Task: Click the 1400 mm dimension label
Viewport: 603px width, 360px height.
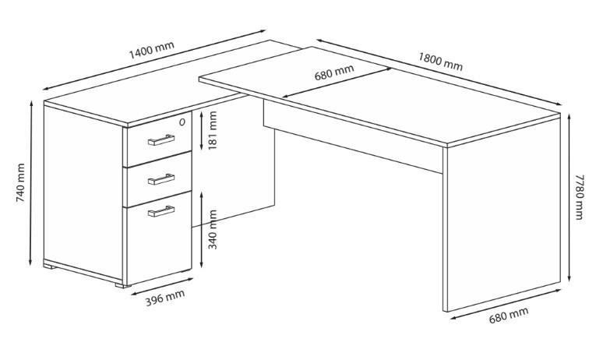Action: point(151,50)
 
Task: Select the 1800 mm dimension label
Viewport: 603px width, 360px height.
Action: point(440,62)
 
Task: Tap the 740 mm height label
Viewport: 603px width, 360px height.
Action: point(20,182)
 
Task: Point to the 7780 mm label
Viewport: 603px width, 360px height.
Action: point(579,197)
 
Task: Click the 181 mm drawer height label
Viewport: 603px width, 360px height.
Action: point(212,130)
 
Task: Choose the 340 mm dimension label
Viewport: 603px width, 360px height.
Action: point(212,229)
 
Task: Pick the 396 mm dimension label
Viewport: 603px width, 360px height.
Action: point(165,298)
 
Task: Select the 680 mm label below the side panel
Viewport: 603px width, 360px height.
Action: point(509,316)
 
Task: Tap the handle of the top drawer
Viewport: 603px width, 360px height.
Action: point(161,140)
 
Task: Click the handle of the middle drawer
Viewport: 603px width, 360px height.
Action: point(161,179)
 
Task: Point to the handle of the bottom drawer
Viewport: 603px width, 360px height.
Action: point(161,211)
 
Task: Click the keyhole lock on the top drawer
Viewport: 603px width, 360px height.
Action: point(182,122)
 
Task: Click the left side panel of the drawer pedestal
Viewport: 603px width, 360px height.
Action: point(83,193)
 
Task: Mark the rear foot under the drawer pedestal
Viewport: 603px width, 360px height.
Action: point(50,266)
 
